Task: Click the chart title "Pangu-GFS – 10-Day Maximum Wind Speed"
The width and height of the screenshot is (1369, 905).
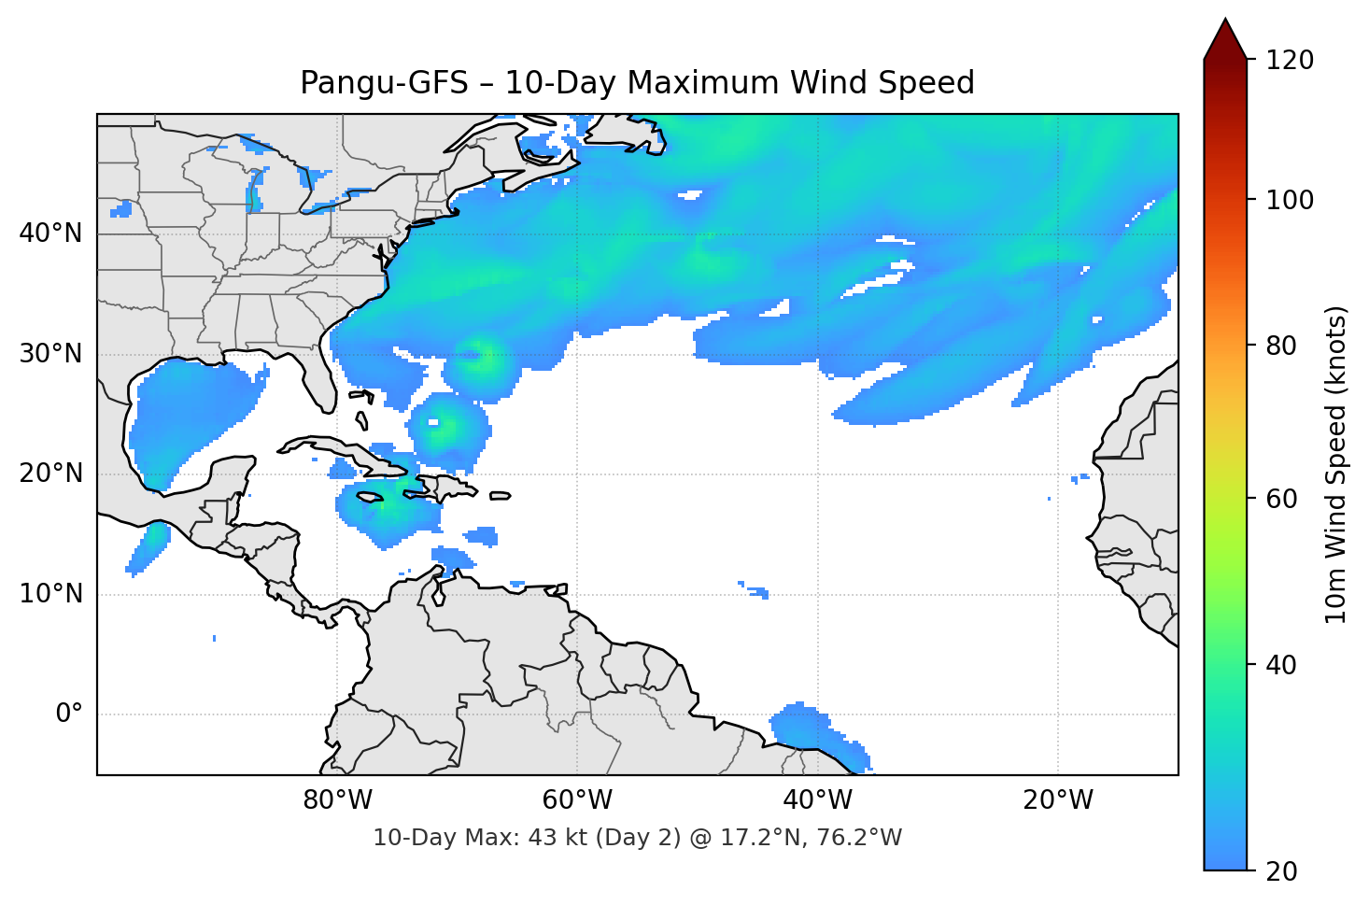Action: point(637,83)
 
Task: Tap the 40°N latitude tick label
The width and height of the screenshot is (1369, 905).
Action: point(50,233)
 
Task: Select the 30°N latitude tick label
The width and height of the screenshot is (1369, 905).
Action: point(50,353)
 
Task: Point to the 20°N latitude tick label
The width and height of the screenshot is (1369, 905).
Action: point(50,474)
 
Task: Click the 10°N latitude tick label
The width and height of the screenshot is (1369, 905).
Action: point(50,594)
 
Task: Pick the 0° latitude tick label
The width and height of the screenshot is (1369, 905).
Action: point(68,714)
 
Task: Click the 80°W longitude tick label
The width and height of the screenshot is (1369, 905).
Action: point(337,800)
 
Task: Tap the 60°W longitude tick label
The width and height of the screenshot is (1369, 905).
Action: point(577,800)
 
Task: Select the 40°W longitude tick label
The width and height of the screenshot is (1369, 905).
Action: point(817,800)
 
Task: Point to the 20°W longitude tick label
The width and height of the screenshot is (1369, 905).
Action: point(1057,800)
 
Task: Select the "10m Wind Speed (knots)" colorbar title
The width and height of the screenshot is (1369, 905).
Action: point(1336,464)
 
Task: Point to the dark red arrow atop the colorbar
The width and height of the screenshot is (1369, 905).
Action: point(1225,39)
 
